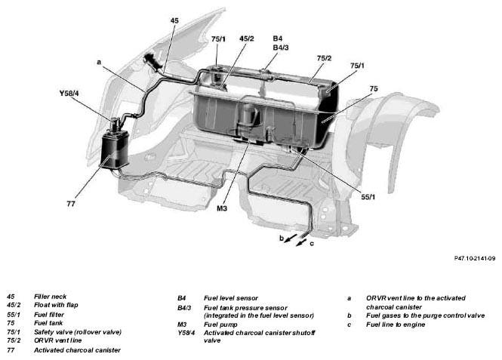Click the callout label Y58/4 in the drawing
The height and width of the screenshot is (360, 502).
tap(69, 94)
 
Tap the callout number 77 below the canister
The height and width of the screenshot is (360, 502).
tap(71, 204)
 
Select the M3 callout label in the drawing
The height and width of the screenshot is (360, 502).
tap(222, 208)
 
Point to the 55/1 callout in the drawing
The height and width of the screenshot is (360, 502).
tap(368, 197)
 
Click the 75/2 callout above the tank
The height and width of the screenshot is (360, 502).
tap(324, 58)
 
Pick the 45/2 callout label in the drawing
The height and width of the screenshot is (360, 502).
tap(247, 38)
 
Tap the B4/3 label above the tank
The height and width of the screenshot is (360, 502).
tap(281, 48)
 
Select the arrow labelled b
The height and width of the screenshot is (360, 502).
tap(291, 238)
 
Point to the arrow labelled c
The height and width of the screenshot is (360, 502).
tap(302, 242)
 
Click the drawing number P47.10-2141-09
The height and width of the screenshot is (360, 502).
tap(475, 258)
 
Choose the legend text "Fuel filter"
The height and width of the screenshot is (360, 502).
tap(49, 315)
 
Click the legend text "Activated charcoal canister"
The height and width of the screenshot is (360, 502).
tap(77, 350)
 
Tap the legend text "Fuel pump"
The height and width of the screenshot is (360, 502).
tap(220, 325)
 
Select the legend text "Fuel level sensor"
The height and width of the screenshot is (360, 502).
tap(231, 298)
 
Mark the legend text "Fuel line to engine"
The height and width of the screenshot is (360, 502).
tap(396, 325)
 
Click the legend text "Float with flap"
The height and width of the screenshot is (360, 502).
tap(56, 305)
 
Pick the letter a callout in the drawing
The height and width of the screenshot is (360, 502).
tap(99, 62)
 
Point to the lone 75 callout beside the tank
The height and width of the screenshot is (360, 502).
tap(374, 88)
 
